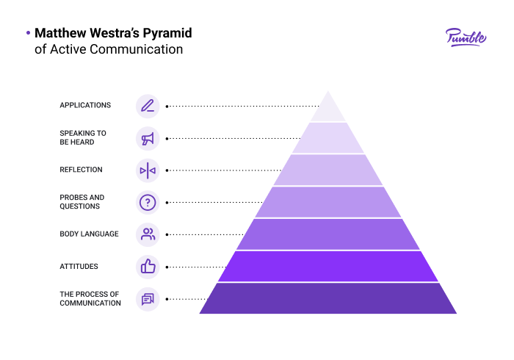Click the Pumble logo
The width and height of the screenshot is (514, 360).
(x=466, y=37)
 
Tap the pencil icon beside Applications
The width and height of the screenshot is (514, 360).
(x=148, y=107)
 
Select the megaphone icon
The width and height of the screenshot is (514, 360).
(x=148, y=139)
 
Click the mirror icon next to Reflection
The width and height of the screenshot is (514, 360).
(x=148, y=170)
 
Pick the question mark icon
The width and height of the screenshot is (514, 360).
(x=148, y=203)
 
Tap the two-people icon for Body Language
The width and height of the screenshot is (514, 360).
(x=148, y=234)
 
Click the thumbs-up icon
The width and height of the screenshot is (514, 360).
(x=148, y=266)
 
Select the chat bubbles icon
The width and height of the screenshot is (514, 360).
(x=148, y=299)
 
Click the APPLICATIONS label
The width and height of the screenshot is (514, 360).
(x=85, y=105)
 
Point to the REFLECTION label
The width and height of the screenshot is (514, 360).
(x=81, y=170)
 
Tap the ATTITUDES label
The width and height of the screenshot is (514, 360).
(x=79, y=266)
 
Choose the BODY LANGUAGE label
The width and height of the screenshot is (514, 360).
(x=89, y=234)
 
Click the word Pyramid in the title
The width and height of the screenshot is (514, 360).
(x=167, y=34)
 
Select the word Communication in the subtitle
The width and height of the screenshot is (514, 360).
(x=136, y=49)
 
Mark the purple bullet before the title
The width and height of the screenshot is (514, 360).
(x=28, y=33)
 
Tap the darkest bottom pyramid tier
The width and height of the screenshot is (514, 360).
(x=327, y=298)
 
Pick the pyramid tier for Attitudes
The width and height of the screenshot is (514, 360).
(x=327, y=266)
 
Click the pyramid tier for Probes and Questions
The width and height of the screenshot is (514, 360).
(x=327, y=202)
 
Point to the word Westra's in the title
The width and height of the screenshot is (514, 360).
(x=115, y=33)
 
